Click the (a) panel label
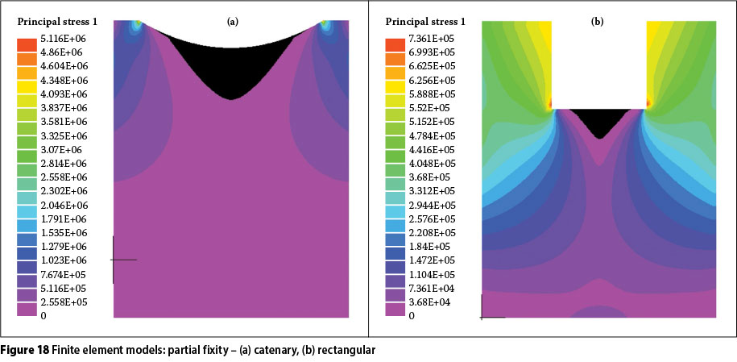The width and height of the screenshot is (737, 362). [x=232, y=22]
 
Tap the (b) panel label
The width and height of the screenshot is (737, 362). [x=597, y=22]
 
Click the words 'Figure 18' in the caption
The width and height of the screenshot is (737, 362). [x=26, y=351]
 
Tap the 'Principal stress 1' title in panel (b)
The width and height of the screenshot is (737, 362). [x=425, y=21]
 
